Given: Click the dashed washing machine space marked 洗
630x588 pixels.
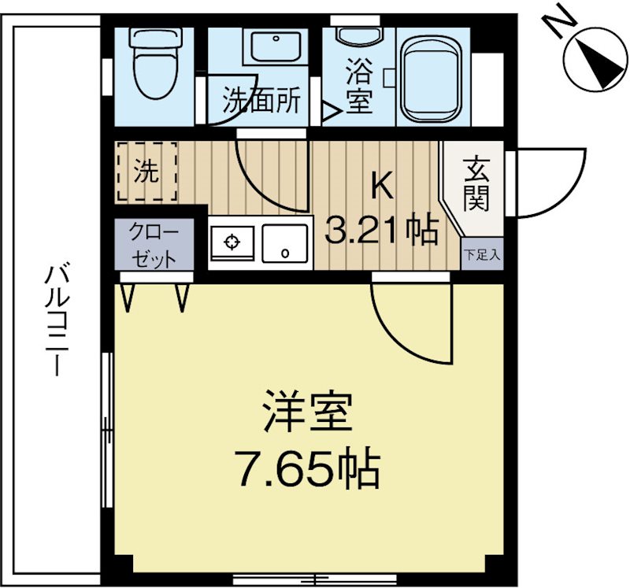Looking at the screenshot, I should coord(146,172).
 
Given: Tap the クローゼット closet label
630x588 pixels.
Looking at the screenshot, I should coord(154,245).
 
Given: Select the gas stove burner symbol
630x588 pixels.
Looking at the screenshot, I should coord(232,242).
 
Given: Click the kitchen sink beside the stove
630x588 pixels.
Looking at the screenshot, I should coord(285,242).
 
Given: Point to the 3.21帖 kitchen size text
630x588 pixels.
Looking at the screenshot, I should coord(383,230).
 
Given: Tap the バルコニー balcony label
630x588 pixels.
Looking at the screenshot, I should coord(55,323).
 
